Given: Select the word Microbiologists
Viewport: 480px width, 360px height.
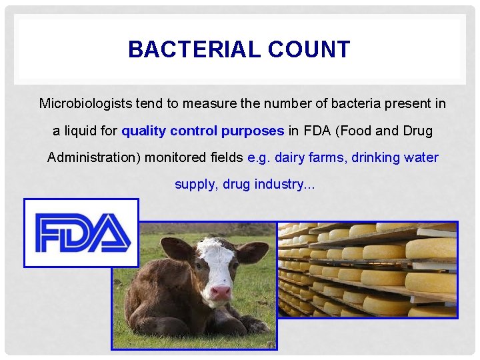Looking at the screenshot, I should coord(85,103).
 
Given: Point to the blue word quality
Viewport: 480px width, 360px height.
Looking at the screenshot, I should coord(144,131).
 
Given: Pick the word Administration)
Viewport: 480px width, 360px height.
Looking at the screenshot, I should coord(88,158).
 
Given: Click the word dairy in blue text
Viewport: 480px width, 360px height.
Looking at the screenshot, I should coord(289,158).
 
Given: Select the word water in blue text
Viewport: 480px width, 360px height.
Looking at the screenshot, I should coord(423,158).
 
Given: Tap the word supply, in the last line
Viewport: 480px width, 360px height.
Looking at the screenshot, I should coord(195,185).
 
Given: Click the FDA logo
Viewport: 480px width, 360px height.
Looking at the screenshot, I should coord(81,233).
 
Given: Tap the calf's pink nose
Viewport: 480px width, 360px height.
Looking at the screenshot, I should coord(221,292).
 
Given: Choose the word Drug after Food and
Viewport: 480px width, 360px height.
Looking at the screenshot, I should coord(417,131).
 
